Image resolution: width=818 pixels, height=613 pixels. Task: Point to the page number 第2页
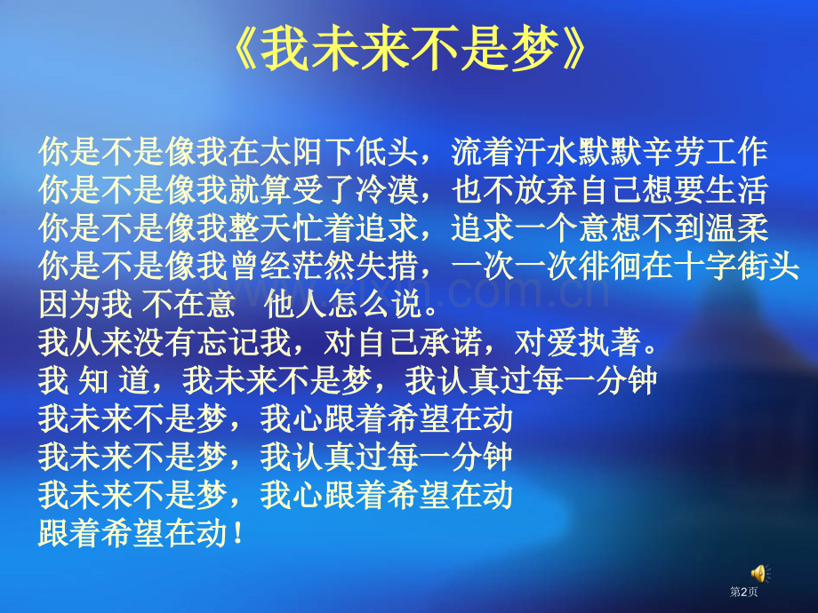click(x=744, y=593)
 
